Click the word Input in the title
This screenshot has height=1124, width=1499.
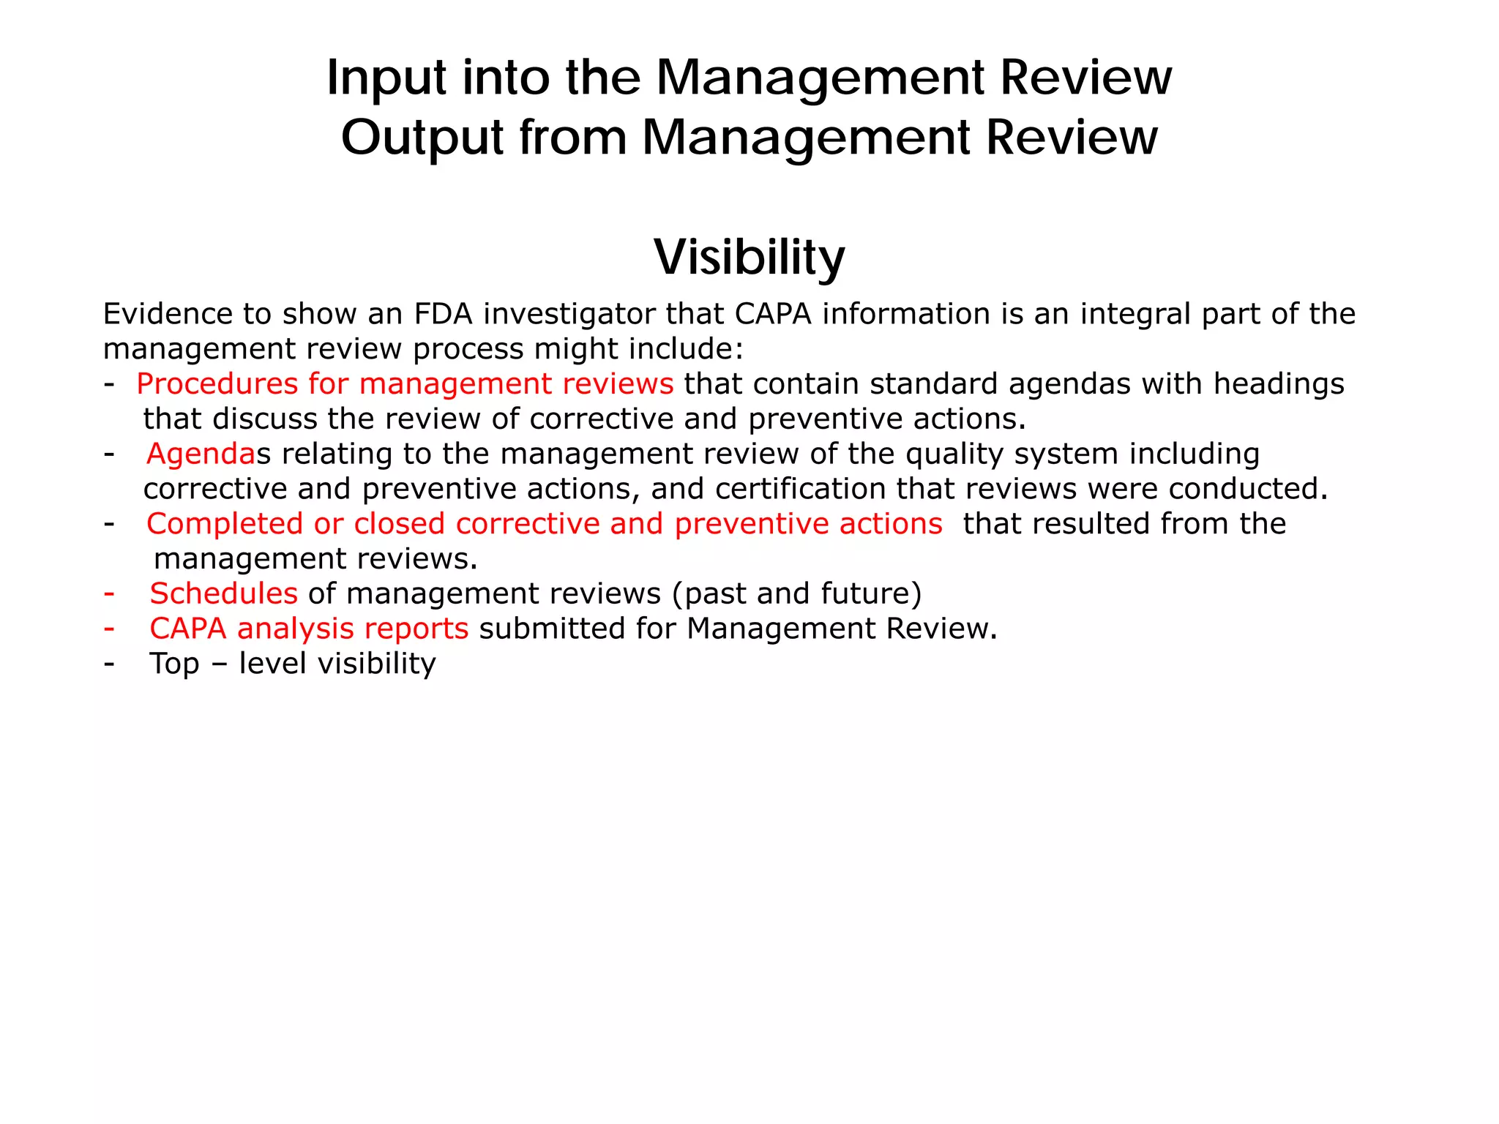(x=386, y=77)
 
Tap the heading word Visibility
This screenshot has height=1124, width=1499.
(x=749, y=257)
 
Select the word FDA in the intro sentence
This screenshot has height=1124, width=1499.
(x=443, y=314)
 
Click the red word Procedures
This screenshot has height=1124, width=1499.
(x=217, y=384)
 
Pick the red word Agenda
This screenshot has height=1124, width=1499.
(x=201, y=454)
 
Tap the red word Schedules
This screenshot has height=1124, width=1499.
(x=223, y=593)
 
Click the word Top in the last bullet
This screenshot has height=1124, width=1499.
(x=174, y=664)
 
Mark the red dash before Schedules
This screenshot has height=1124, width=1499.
(x=109, y=593)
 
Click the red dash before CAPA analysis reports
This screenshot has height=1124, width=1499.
(x=109, y=628)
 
